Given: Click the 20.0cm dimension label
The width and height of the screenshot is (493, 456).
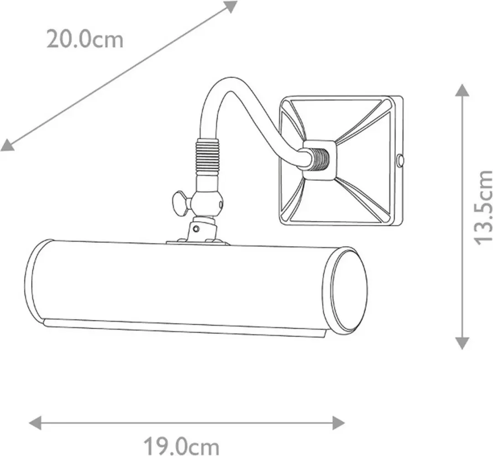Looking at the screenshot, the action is coord(85,39).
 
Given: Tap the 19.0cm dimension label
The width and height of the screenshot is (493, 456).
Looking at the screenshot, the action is coord(181,446).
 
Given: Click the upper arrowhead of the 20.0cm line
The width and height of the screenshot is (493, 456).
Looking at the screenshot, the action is coord(231,6).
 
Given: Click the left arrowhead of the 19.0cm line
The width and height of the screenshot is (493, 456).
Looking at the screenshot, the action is coord(35,423).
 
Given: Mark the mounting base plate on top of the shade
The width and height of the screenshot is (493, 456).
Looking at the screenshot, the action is coord(198,242).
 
